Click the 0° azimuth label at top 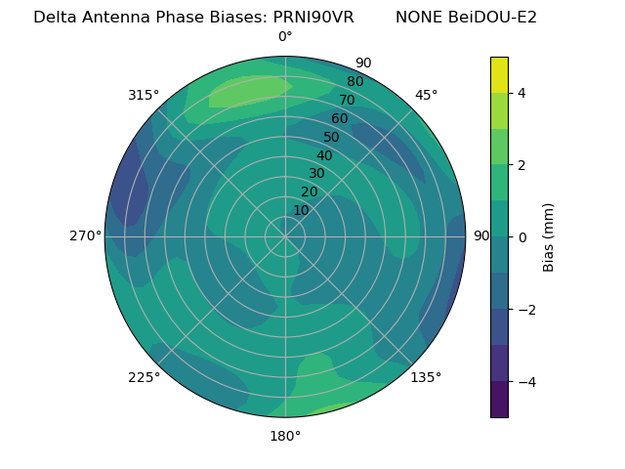(285, 37)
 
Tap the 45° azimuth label (426, 95)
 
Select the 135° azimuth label (426, 377)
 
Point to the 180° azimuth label (285, 436)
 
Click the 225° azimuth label (144, 378)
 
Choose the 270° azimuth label (86, 235)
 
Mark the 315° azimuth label (144, 95)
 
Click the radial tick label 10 (301, 210)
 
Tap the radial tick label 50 (331, 137)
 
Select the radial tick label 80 (354, 81)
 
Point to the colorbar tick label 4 (522, 93)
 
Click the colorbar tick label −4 (525, 381)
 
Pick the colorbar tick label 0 (522, 236)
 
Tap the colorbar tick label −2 (525, 309)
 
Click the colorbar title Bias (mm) (549, 236)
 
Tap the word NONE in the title (419, 18)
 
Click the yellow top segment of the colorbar (499, 74)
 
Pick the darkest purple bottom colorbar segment (499, 400)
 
